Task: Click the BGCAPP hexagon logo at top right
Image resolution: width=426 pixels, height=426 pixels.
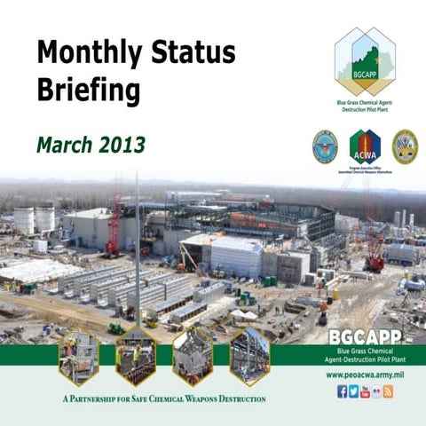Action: tap(365, 60)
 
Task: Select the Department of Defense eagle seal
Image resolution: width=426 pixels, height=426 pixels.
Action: tap(325, 146)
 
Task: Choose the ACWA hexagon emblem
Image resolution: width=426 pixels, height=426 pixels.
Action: tap(365, 146)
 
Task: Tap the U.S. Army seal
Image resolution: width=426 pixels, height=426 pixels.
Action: tap(405, 146)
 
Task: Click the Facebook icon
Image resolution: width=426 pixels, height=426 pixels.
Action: tap(342, 391)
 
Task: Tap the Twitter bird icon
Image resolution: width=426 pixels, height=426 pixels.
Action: tap(353, 391)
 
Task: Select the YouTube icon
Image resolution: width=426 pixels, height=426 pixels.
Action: tap(365, 391)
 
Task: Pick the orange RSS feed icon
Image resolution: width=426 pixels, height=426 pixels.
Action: tap(388, 391)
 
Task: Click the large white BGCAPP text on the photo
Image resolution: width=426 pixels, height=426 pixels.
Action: tap(365, 337)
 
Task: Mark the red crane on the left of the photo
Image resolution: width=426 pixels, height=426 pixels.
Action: tap(114, 222)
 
